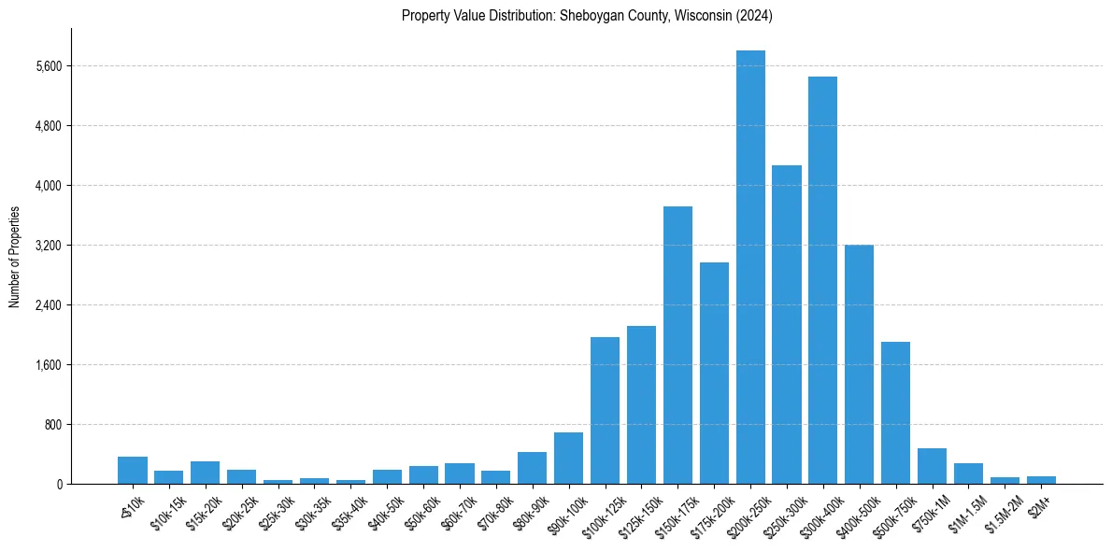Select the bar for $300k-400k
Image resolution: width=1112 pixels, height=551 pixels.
pyautogui.click(x=822, y=280)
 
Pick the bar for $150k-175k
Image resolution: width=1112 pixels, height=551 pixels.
pyautogui.click(x=677, y=345)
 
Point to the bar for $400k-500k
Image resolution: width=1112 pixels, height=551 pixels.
pyautogui.click(x=859, y=364)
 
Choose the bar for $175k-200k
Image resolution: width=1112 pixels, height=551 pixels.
pyautogui.click(x=714, y=373)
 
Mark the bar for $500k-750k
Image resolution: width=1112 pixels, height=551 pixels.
pyautogui.click(x=895, y=413)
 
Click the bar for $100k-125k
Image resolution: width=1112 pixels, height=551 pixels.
pyautogui.click(x=605, y=410)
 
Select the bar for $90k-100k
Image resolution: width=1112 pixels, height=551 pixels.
pyautogui.click(x=568, y=458)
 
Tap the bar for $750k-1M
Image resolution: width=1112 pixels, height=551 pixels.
pyautogui.click(x=932, y=466)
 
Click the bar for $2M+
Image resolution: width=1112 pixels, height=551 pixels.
pyautogui.click(x=1041, y=480)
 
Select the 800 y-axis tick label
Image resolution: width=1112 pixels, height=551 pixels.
pyautogui.click(x=52, y=425)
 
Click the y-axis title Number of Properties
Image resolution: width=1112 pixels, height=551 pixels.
pyautogui.click(x=14, y=256)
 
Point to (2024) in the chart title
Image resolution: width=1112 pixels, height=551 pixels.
pyautogui.click(x=753, y=15)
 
